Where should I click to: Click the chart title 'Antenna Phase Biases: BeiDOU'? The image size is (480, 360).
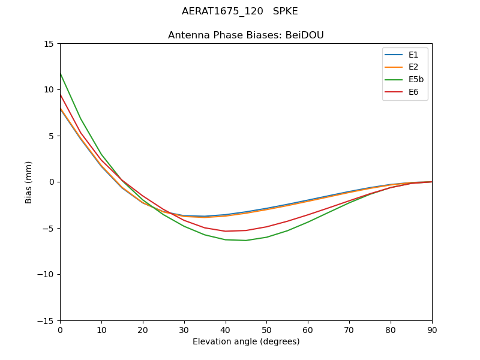click(246, 35)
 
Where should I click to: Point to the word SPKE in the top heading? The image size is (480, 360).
click(286, 11)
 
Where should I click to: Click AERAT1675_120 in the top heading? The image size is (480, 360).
click(223, 11)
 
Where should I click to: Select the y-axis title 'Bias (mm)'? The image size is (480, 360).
click(29, 182)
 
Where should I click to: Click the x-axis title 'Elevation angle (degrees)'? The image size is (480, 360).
click(246, 341)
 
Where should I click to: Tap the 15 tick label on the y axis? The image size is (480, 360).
click(48, 44)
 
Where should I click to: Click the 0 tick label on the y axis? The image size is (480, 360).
click(51, 182)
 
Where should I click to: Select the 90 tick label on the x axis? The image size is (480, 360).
click(432, 329)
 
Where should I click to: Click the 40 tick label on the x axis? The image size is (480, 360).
click(226, 329)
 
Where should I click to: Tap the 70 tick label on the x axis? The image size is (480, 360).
click(349, 329)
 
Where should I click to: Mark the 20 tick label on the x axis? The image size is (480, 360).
click(143, 329)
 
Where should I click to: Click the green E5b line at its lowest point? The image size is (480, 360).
click(246, 241)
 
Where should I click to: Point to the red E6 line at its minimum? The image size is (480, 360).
click(226, 231)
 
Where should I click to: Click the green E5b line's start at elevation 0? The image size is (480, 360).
click(60, 73)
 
